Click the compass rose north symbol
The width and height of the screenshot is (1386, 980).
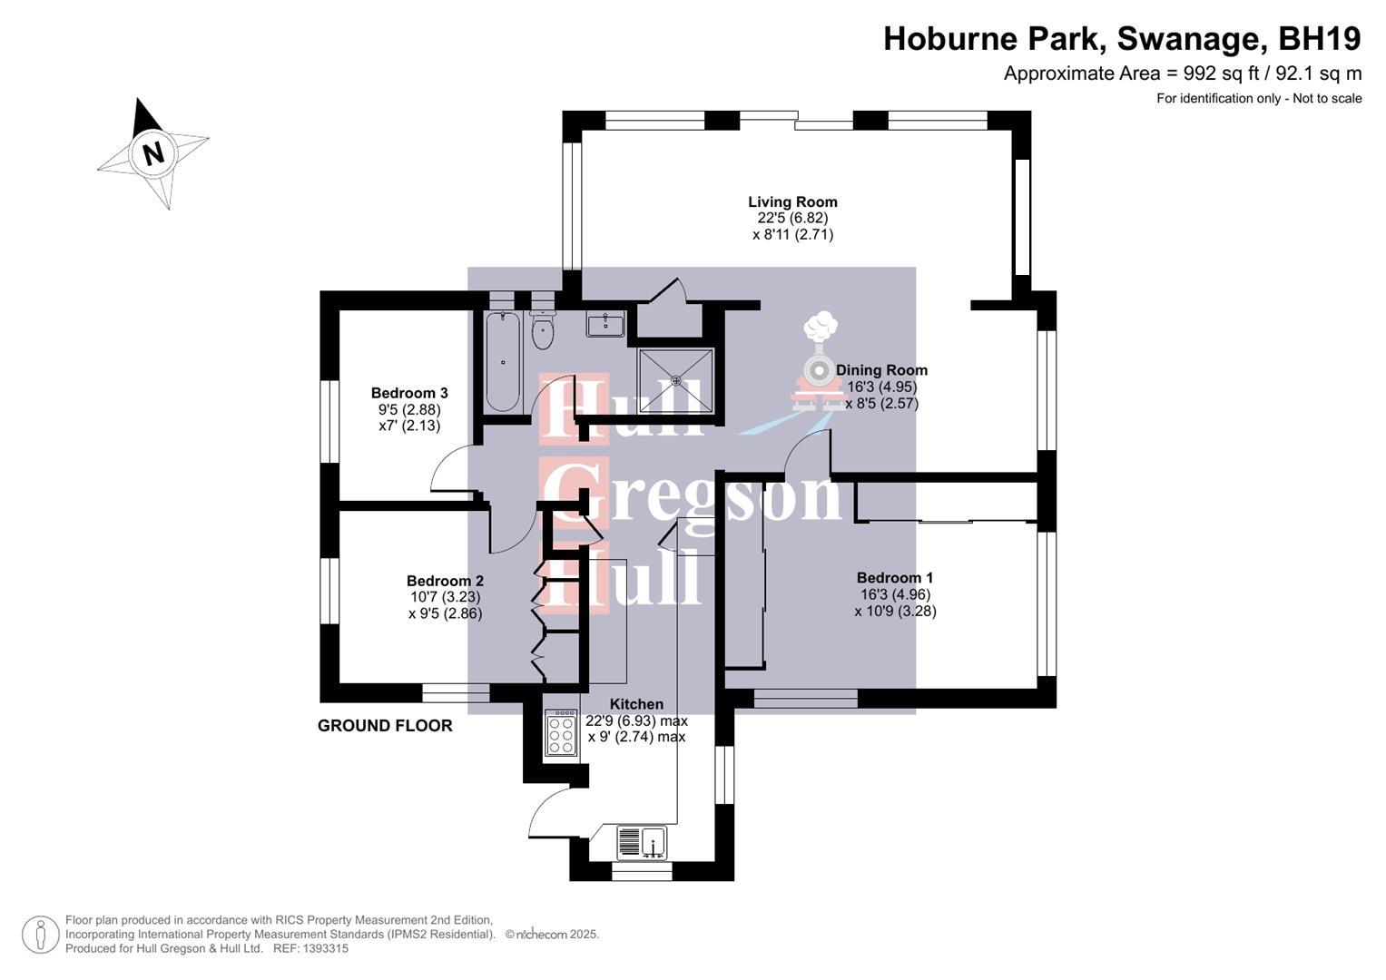(152, 152)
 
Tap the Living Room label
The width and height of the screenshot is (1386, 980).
(792, 202)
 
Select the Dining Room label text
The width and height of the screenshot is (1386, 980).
(881, 370)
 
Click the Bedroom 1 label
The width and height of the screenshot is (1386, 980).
(894, 578)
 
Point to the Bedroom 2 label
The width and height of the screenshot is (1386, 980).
(445, 582)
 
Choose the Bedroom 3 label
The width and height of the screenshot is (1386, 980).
(409, 394)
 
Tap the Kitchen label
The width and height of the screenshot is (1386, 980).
(636, 704)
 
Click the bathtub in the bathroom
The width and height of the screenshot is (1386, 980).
(502, 362)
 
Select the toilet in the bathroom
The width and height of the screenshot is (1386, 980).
(543, 328)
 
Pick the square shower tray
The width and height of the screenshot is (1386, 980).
(675, 380)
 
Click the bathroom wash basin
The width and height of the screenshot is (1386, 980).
(605, 324)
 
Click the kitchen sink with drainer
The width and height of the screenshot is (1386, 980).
(642, 843)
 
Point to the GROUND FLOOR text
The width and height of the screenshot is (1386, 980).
(385, 726)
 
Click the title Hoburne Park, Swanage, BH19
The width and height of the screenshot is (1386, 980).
(1122, 39)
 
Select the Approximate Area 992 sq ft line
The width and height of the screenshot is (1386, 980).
(1182, 74)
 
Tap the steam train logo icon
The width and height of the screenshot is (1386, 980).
(820, 363)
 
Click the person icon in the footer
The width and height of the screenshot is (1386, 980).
(41, 935)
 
